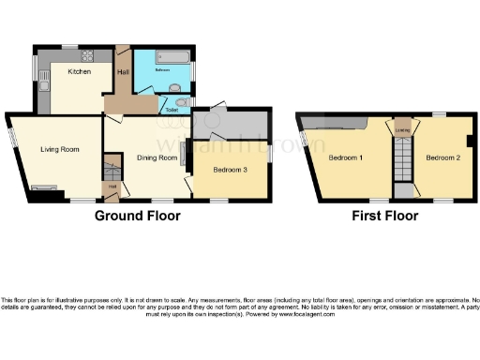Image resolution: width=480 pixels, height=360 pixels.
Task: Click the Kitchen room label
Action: coord(79,70)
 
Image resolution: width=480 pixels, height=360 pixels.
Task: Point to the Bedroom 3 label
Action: coord(230,170)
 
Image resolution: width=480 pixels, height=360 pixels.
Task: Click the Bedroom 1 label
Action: coord(345,157)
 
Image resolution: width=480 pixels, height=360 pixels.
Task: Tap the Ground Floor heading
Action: coord(137,216)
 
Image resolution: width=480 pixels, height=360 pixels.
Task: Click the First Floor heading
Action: coord(384,216)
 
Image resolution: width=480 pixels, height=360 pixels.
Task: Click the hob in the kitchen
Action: coord(91,53)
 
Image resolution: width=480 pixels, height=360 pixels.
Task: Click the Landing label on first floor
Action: coord(403,129)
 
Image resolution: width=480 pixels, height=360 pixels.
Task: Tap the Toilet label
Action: coord(172,110)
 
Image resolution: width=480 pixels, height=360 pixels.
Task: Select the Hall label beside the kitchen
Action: coord(122,71)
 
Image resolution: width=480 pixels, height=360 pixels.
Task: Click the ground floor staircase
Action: coord(112,174)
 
